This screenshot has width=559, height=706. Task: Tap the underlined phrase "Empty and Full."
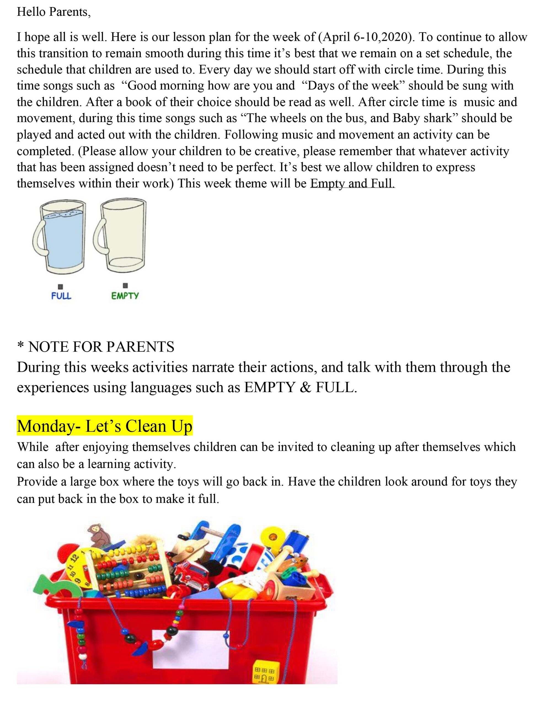point(352,183)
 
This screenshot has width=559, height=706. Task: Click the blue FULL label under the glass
point(61,296)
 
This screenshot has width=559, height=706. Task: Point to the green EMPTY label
point(125,296)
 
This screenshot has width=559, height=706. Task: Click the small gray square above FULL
point(61,287)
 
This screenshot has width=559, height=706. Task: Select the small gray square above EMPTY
point(125,286)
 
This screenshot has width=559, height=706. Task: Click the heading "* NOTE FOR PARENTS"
point(96,347)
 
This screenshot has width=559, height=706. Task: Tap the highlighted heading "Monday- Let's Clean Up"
point(105,426)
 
